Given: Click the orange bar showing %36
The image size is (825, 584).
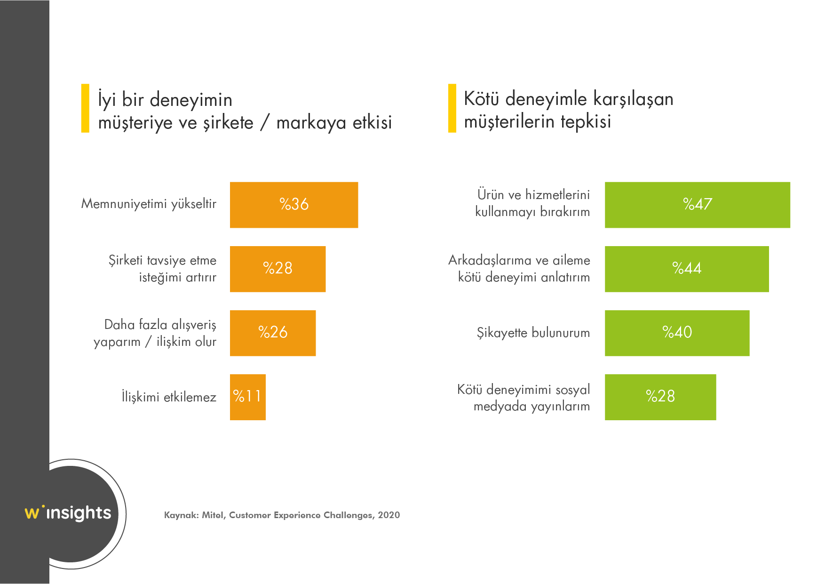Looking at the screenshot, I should point(294,205).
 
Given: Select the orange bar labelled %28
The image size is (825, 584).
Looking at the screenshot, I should point(278,269).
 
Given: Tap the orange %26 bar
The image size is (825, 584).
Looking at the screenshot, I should point(273,333).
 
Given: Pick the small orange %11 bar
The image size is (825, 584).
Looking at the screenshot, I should point(247,397).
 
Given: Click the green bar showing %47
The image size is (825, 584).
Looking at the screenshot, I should point(697,205).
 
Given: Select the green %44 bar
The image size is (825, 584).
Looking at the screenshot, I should point(687,269).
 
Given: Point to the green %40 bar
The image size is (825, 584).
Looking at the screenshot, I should point(677,333).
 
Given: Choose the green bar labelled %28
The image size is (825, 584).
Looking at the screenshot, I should point(660,397).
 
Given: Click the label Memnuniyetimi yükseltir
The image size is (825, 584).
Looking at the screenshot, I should point(149,204).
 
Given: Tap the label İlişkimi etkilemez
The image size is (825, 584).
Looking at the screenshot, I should point(169,397).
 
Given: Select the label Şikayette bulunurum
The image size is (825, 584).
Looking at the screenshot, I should point(533,333).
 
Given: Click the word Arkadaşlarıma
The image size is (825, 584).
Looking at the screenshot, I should point(489,260).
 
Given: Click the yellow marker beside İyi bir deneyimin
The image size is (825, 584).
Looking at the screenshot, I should point(85,108).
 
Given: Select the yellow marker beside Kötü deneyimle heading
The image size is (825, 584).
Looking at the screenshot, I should point(452,108).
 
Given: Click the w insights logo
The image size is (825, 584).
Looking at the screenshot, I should point(69,512).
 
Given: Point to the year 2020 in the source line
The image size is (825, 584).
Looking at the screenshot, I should point(389,515).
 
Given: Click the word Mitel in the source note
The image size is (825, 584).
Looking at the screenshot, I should point(213,515).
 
